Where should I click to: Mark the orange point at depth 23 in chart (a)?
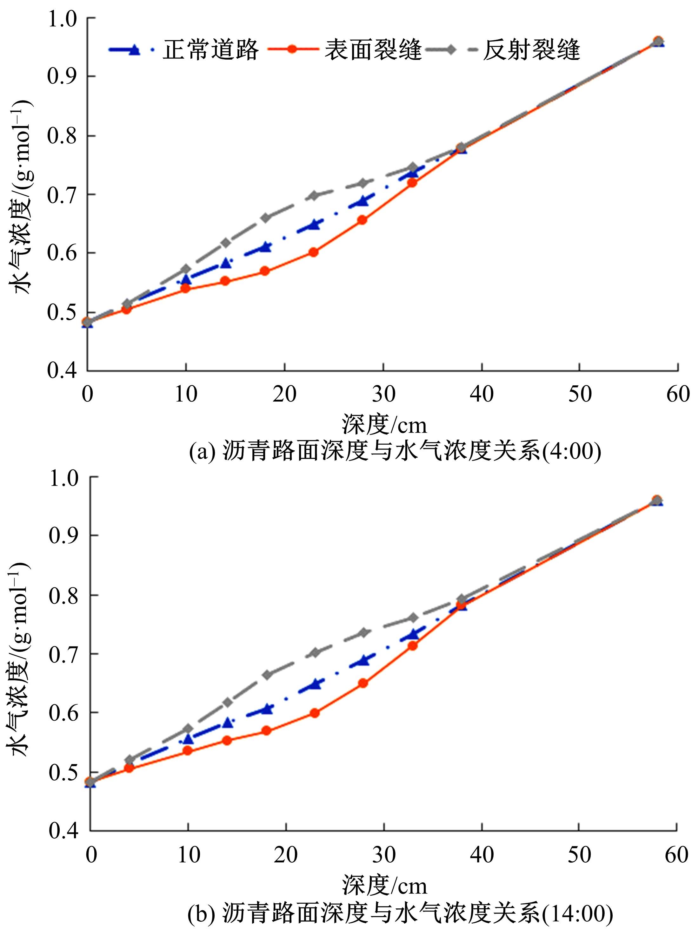pyautogui.click(x=313, y=252)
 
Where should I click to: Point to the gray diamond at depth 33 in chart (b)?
pyautogui.click(x=413, y=618)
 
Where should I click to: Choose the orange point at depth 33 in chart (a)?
pyautogui.click(x=412, y=182)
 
